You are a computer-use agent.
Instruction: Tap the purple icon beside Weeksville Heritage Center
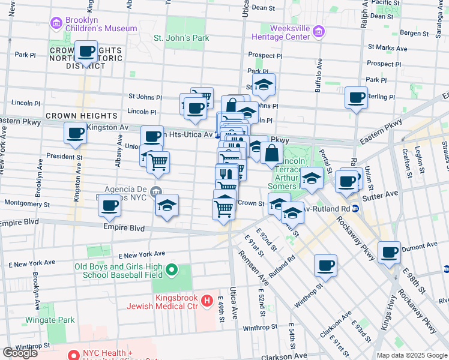tap(318, 32)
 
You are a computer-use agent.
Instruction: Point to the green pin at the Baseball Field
tap(172, 271)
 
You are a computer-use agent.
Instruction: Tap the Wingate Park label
tap(50, 320)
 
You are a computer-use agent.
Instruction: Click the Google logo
tap(20, 352)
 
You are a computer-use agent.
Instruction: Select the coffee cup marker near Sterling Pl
tap(357, 97)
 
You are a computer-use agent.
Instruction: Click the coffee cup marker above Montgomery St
tap(109, 206)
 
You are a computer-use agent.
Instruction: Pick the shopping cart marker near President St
tap(158, 163)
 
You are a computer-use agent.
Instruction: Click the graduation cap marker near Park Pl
tap(264, 85)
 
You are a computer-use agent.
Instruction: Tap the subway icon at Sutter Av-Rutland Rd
tap(355, 209)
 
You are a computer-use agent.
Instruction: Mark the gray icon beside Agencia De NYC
tap(156, 191)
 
